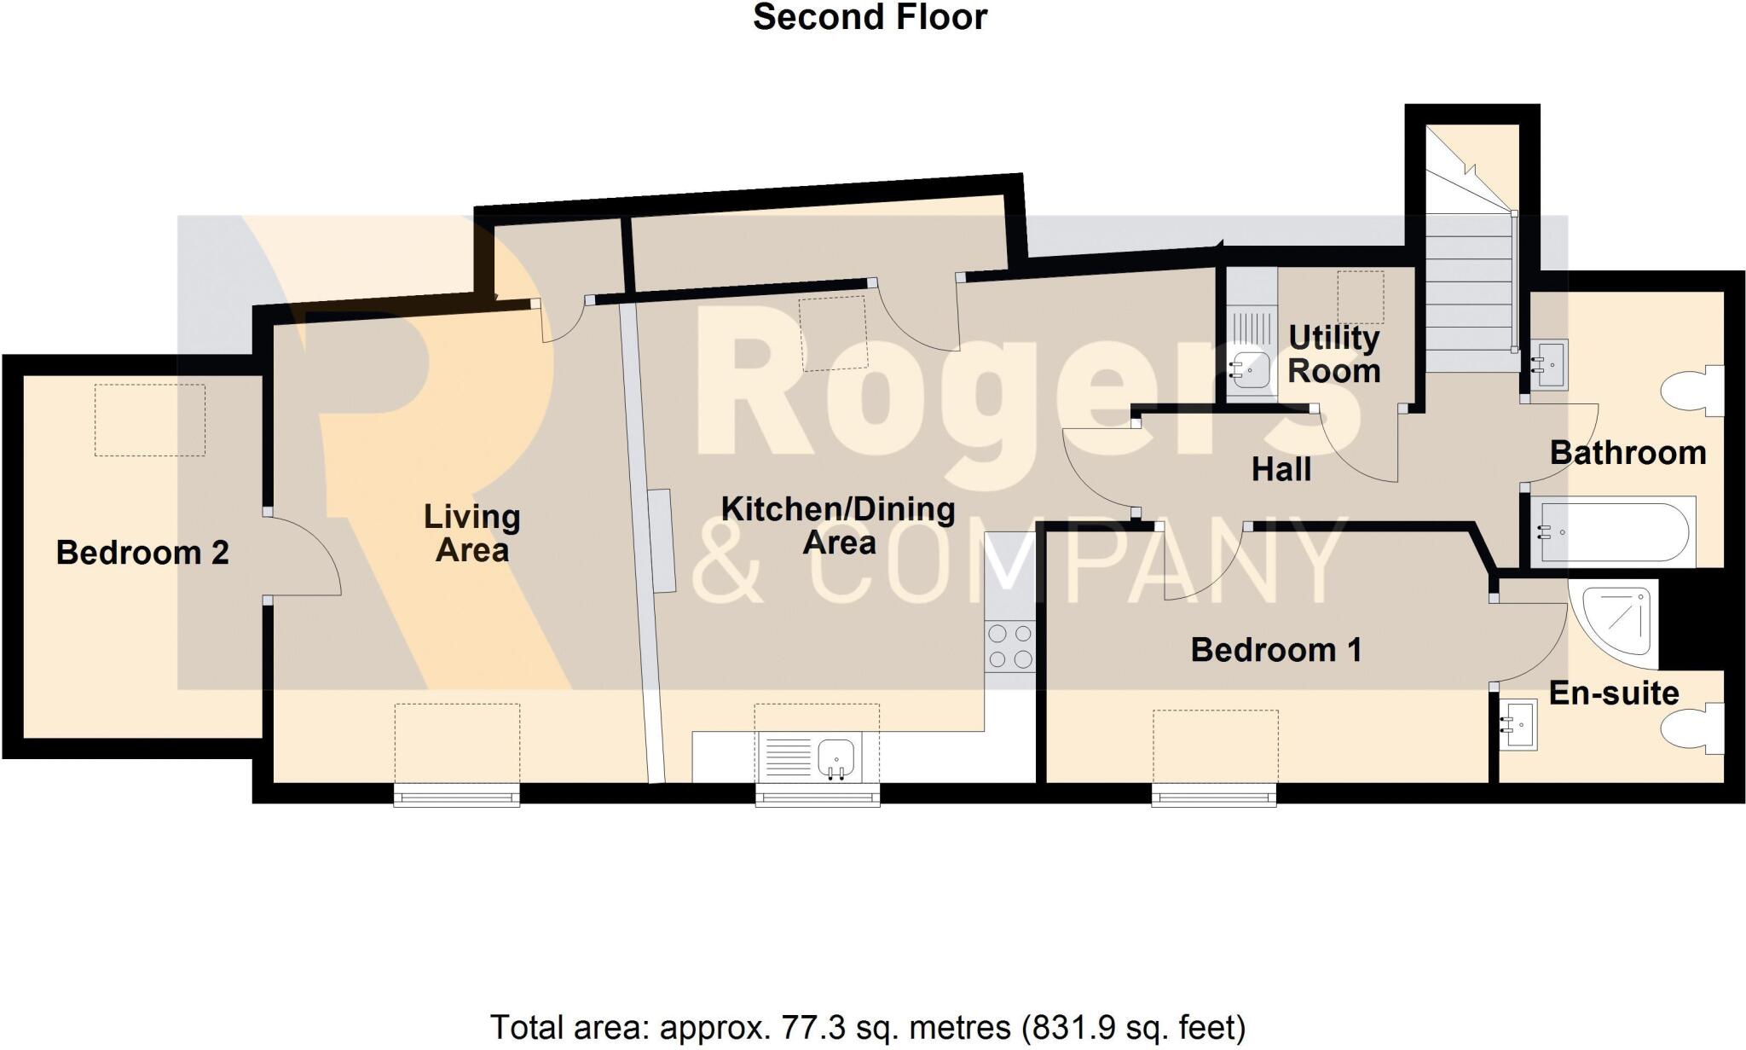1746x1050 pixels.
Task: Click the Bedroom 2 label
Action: click(142, 553)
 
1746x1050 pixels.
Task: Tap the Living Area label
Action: click(472, 533)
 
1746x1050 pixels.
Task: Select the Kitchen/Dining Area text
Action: click(838, 525)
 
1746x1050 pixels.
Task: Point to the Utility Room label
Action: click(1334, 355)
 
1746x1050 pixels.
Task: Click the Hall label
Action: click(1281, 470)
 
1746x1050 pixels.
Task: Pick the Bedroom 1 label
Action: click(1275, 650)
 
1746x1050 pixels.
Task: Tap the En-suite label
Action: click(1613, 693)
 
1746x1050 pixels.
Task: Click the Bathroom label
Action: click(1627, 453)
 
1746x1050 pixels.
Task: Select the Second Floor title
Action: click(870, 17)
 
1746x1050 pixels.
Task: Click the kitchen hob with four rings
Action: click(1010, 647)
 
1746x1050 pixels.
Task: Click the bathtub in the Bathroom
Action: click(1613, 532)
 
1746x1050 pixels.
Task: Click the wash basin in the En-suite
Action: click(1518, 725)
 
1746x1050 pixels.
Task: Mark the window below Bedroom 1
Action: click(1214, 796)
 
